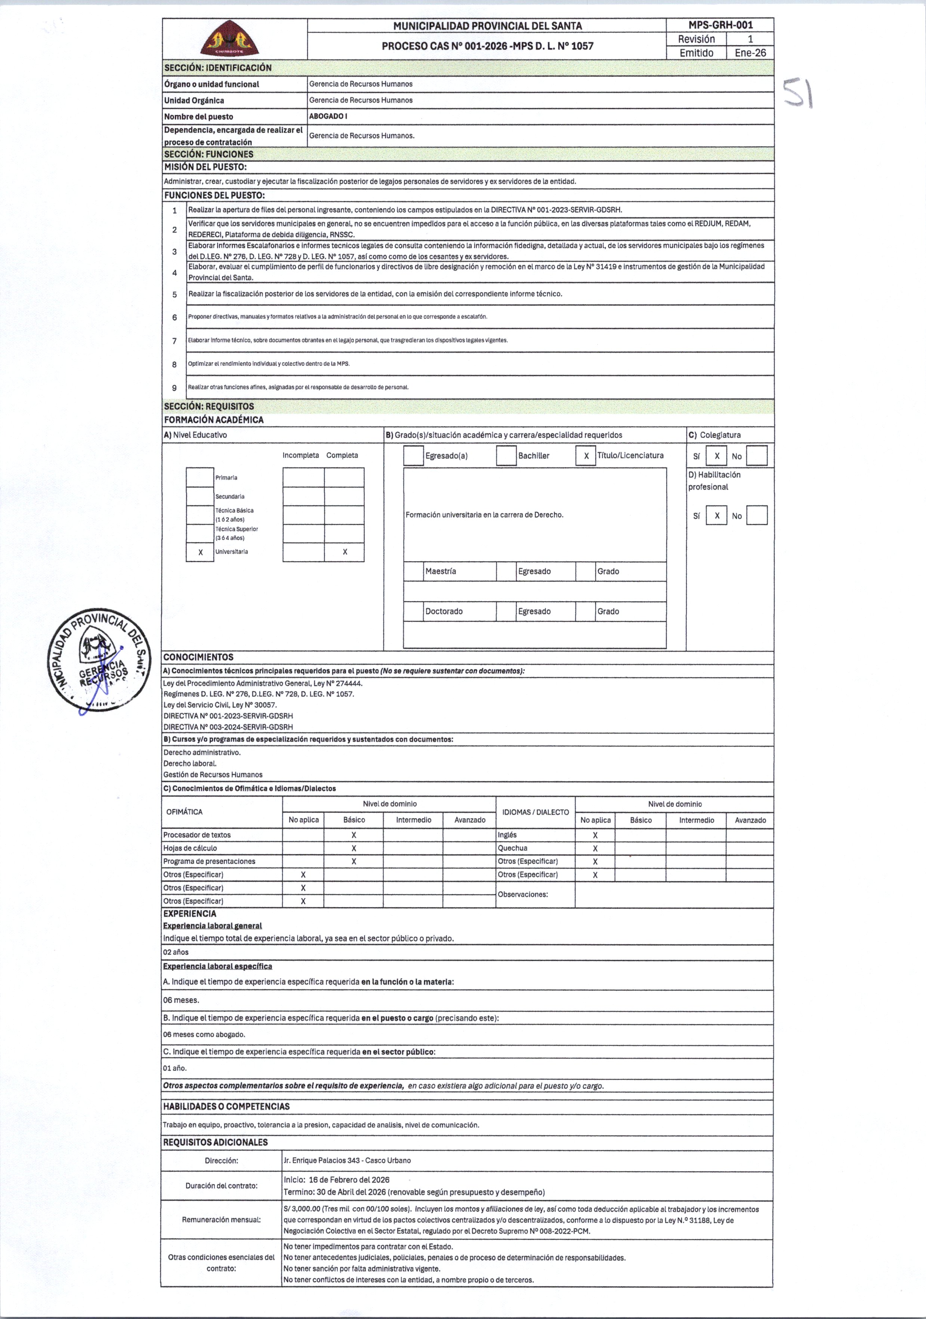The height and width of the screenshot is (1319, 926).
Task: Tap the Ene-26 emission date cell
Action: click(750, 53)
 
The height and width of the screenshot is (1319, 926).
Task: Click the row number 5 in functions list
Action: click(175, 294)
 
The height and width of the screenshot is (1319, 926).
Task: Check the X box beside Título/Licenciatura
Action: click(586, 456)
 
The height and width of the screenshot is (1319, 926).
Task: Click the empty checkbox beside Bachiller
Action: click(506, 456)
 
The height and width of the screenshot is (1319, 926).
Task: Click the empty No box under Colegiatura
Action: click(757, 456)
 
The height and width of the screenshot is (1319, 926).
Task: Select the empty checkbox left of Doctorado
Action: click(413, 611)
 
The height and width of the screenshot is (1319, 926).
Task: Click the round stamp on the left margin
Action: click(98, 659)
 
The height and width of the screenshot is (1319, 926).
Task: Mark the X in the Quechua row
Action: click(595, 849)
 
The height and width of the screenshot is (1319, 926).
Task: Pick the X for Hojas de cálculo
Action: click(354, 849)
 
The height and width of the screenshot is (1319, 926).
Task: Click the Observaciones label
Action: click(522, 894)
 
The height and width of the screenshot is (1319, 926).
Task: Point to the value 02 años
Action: click(176, 952)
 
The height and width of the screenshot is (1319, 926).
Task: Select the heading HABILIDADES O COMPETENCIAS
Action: click(226, 1106)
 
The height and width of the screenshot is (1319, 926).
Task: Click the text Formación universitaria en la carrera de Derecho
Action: click(484, 515)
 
